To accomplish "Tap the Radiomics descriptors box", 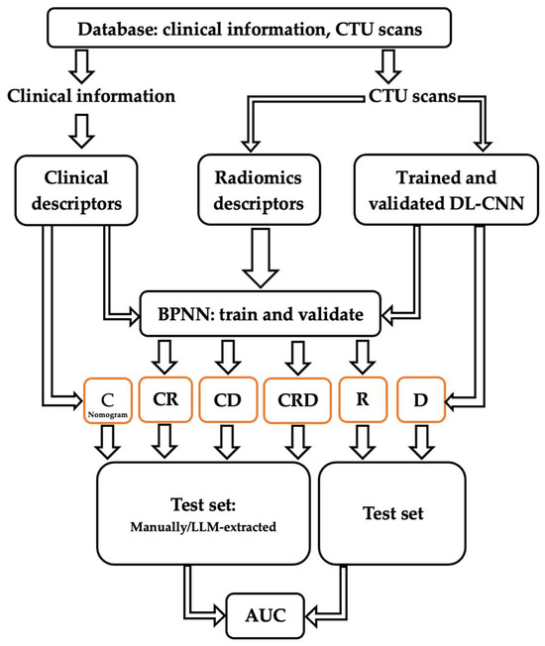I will click(257, 187).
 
